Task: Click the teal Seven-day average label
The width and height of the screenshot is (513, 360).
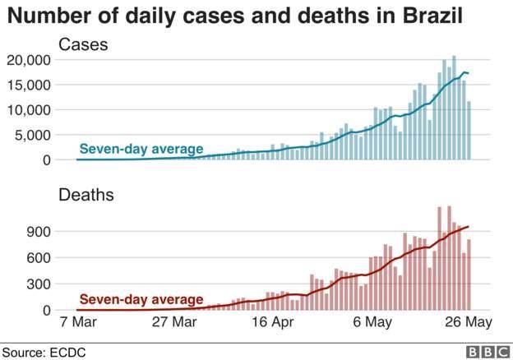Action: coord(141,149)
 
